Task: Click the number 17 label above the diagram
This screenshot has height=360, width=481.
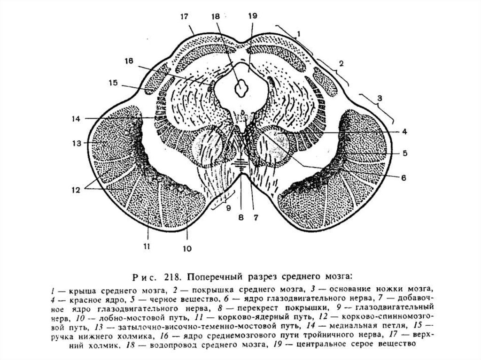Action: click(x=184, y=16)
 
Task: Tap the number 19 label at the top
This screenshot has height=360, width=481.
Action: click(x=252, y=15)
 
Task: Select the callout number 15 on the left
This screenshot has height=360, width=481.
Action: click(x=113, y=83)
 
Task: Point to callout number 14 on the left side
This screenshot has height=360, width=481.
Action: click(x=76, y=118)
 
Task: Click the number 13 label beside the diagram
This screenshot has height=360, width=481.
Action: click(x=77, y=143)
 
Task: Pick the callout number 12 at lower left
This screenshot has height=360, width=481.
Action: click(x=76, y=190)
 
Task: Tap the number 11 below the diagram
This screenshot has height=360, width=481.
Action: click(x=147, y=246)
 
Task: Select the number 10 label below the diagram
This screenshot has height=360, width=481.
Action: click(x=187, y=248)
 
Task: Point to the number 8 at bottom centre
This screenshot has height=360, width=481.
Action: click(x=241, y=217)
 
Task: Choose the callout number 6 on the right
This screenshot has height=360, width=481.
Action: click(x=403, y=177)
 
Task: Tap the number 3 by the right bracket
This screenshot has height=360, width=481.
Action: click(x=380, y=99)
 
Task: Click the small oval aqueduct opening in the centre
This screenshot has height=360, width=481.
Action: click(x=241, y=88)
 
